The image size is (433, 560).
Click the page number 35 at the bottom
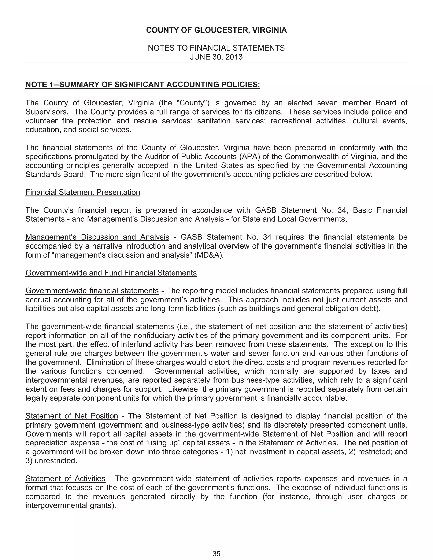(216, 554)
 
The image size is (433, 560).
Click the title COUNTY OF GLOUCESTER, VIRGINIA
(216, 30)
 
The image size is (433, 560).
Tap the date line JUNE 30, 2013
(216, 57)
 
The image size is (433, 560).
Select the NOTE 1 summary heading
(143, 85)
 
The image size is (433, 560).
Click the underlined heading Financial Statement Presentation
(83, 192)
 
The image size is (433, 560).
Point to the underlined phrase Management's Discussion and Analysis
(97, 237)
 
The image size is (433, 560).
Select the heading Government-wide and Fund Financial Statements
(111, 273)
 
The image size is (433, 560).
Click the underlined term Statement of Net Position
(72, 416)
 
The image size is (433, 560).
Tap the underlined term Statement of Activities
(65, 478)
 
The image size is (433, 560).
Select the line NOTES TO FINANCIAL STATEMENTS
(216, 48)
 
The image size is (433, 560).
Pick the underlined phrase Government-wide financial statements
(92, 291)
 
